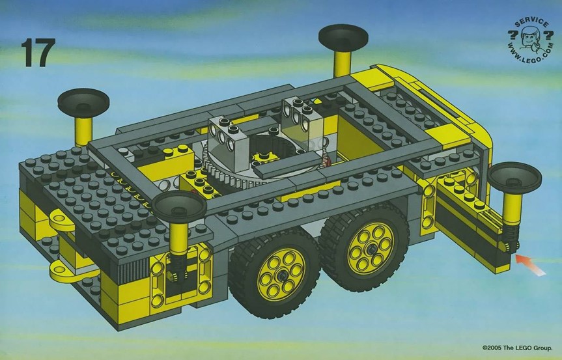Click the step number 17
[x=38, y=53]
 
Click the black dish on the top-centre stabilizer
[x=343, y=38]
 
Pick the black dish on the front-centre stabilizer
[x=179, y=208]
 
